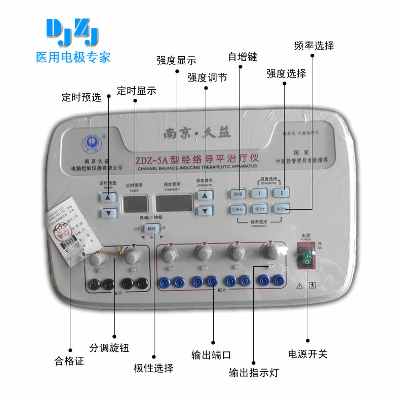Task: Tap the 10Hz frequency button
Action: click(259, 209)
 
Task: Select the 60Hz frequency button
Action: click(282, 209)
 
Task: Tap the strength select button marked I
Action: click(259, 193)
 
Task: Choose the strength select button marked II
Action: click(282, 193)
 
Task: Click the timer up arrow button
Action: click(108, 196)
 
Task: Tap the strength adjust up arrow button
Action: click(205, 195)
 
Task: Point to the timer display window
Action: click(135, 203)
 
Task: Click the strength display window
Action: click(173, 203)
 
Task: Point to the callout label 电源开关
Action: click(308, 354)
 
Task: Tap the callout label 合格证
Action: click(69, 362)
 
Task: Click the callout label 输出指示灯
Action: click(254, 373)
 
